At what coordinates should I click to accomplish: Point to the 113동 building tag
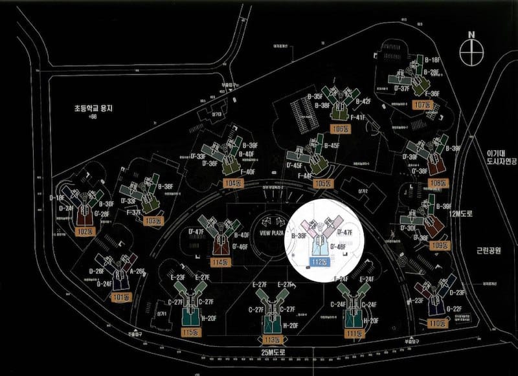pos(272,340)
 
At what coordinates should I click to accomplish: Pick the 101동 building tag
pos(120,298)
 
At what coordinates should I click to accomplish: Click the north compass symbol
pos(471,49)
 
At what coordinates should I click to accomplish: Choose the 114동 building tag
pos(221,262)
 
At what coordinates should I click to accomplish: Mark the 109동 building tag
pos(440,246)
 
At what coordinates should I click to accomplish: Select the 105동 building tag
pos(322,184)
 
